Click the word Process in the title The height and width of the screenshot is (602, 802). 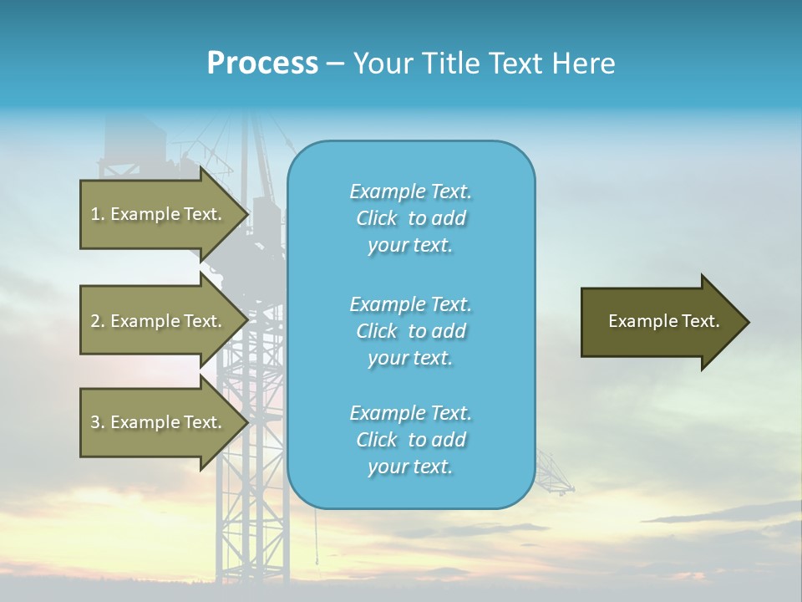pyautogui.click(x=262, y=64)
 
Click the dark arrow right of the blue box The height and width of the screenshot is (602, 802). pyautogui.click(x=660, y=322)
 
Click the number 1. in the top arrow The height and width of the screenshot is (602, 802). pyautogui.click(x=98, y=214)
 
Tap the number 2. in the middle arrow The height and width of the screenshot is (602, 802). pyautogui.click(x=98, y=321)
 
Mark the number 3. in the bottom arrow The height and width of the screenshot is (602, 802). pyautogui.click(x=98, y=422)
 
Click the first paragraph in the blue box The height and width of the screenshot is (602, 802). pyautogui.click(x=410, y=218)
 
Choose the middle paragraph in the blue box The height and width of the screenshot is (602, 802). pyautogui.click(x=410, y=331)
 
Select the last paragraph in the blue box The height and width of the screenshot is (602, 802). pyautogui.click(x=410, y=440)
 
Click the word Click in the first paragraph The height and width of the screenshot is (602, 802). pyautogui.click(x=376, y=218)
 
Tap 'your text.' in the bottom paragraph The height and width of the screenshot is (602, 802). pyautogui.click(x=410, y=467)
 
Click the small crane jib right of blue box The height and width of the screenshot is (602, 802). pyautogui.click(x=555, y=472)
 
